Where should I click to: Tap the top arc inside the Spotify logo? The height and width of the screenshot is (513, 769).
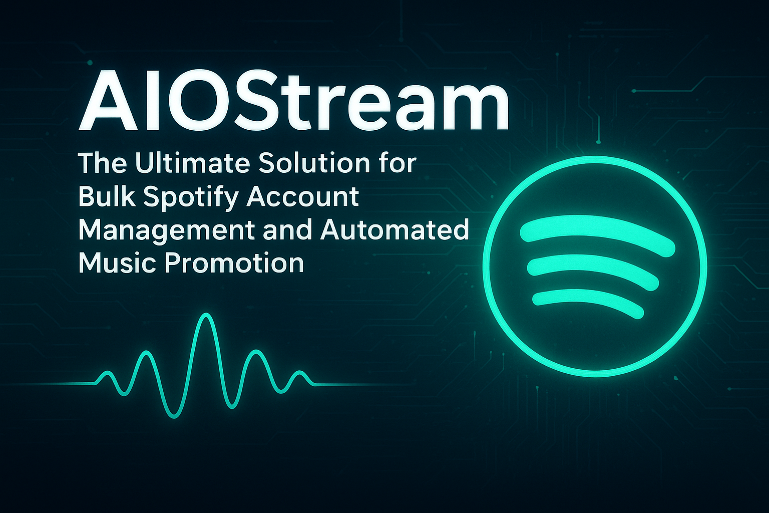(x=597, y=233)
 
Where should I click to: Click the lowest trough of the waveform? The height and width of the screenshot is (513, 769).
(x=174, y=417)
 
